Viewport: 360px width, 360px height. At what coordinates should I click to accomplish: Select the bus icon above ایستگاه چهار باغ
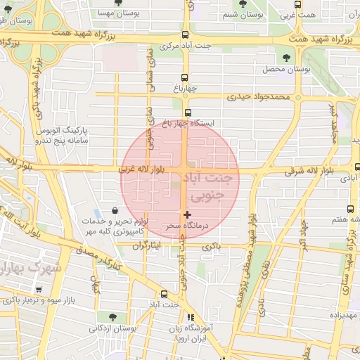[x=187, y=112]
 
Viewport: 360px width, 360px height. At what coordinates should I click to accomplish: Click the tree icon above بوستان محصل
[x=285, y=58]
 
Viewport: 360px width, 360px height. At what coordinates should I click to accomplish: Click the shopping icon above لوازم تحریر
[x=115, y=210]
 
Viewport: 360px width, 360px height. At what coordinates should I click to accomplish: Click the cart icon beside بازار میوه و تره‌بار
[x=39, y=289]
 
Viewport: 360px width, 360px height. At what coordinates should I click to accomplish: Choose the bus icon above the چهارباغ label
[x=184, y=77]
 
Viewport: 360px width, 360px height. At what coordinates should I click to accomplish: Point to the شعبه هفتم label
[x=342, y=220]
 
